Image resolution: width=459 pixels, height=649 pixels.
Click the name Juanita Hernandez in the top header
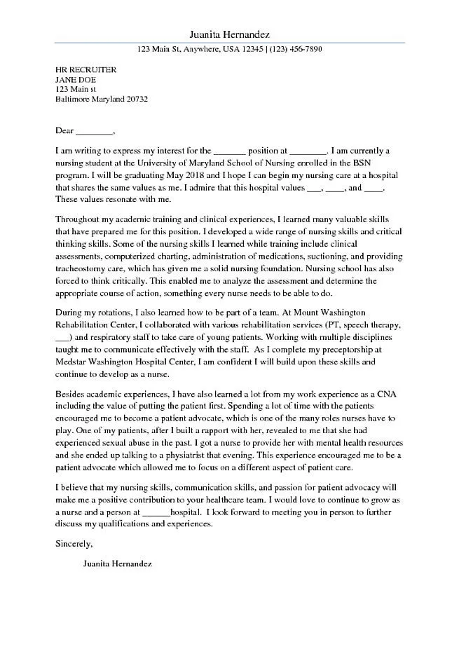pyautogui.click(x=229, y=34)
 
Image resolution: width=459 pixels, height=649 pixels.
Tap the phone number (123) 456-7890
pyautogui.click(x=295, y=50)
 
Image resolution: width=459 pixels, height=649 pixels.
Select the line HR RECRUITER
pyautogui.click(x=86, y=70)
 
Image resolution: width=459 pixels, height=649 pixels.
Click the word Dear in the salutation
pyautogui.click(x=64, y=130)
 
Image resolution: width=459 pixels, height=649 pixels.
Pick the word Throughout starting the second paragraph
pyautogui.click(x=81, y=220)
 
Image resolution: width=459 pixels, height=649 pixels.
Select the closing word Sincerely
pyautogui.click(x=74, y=543)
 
